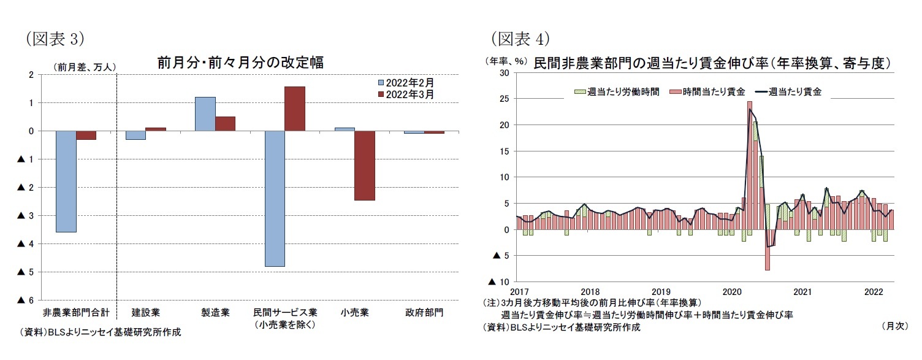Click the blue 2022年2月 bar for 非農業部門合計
pos(66,182)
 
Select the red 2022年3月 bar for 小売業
pos(364,166)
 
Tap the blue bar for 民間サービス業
pos(275,199)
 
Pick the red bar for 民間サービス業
pos(295,109)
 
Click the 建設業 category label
pos(145,313)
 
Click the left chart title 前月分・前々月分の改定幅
pos(240,63)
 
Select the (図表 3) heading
pos(55,39)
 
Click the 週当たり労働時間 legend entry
pos(617,91)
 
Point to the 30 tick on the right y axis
pos(503,73)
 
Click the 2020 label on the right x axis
pos(732,291)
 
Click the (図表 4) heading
pos(520,39)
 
